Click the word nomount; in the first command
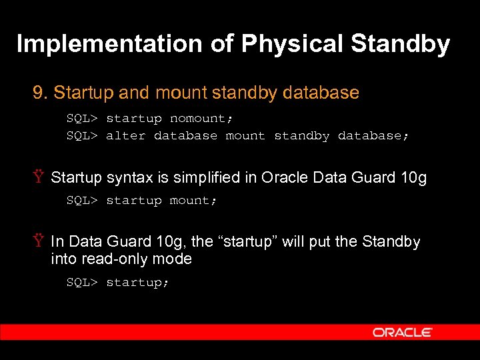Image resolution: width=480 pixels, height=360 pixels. click(201, 119)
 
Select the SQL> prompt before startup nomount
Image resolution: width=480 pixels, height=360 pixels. click(82, 119)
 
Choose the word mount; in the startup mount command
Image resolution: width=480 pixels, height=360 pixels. click(193, 201)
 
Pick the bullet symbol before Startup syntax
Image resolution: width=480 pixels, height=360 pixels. click(39, 178)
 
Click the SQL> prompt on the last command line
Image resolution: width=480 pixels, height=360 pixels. click(82, 283)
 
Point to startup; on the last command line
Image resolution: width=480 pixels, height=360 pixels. click(137, 283)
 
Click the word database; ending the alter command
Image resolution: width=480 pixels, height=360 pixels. click(373, 136)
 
